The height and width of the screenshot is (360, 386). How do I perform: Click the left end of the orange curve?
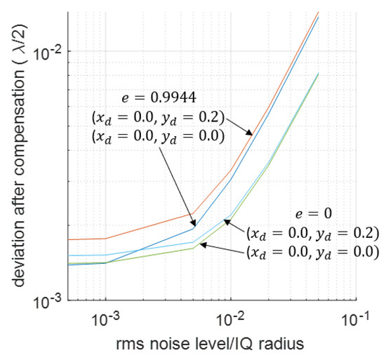[69, 240]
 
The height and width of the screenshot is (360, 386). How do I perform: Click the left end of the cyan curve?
[69, 256]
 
